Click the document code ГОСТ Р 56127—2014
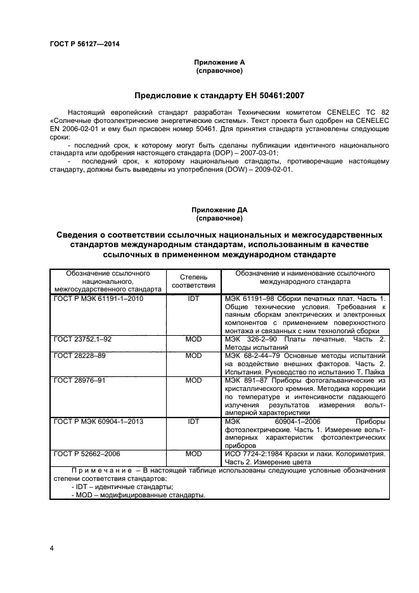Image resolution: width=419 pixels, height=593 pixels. point(84,44)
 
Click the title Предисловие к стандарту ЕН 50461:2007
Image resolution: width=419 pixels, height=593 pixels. point(219,96)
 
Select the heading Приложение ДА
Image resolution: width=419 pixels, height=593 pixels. point(219,210)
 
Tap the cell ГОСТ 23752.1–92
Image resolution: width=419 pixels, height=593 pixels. point(82,340)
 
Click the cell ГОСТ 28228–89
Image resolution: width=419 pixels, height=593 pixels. point(80,356)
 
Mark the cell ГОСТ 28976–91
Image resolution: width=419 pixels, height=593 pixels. point(80,381)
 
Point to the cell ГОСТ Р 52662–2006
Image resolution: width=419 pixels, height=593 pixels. point(87,454)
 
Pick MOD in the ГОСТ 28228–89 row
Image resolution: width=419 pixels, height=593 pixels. point(193,356)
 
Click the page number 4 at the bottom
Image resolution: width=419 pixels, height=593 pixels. point(52,547)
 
